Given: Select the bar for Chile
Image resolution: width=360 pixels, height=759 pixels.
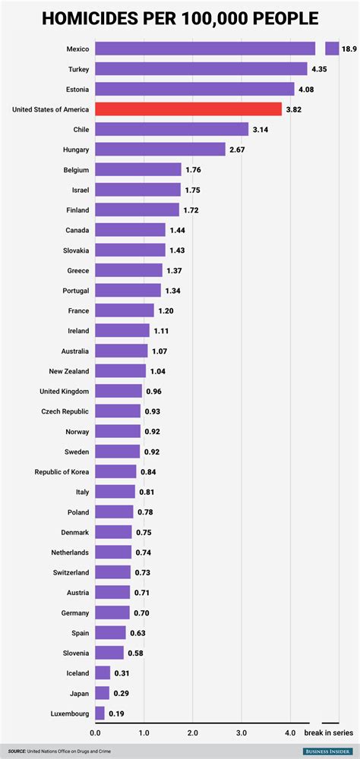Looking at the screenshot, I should tap(172, 129).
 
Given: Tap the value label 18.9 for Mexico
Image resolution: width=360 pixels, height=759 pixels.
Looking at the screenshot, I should tap(349, 49).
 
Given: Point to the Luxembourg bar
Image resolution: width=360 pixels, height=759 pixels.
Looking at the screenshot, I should tap(99, 713).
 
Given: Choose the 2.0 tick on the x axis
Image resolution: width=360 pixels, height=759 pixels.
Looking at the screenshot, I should tap(192, 732).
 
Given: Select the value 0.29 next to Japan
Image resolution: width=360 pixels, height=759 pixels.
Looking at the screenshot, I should tap(122, 693).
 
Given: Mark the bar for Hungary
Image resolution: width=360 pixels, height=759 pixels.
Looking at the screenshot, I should tap(160, 150).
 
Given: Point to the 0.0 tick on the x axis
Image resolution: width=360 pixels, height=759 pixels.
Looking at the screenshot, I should tap(95, 732).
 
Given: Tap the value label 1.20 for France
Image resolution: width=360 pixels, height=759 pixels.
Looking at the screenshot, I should tap(166, 311).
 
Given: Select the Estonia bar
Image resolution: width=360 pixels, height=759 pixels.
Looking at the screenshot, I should tap(194, 89).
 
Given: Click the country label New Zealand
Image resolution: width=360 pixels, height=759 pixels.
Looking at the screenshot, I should tap(69, 371).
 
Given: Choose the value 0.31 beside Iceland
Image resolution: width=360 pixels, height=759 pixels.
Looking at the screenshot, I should tap(122, 672).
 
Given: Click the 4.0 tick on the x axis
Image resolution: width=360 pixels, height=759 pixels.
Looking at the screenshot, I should tap(289, 732).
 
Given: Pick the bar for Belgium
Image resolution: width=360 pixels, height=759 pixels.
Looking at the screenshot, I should tap(138, 169).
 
